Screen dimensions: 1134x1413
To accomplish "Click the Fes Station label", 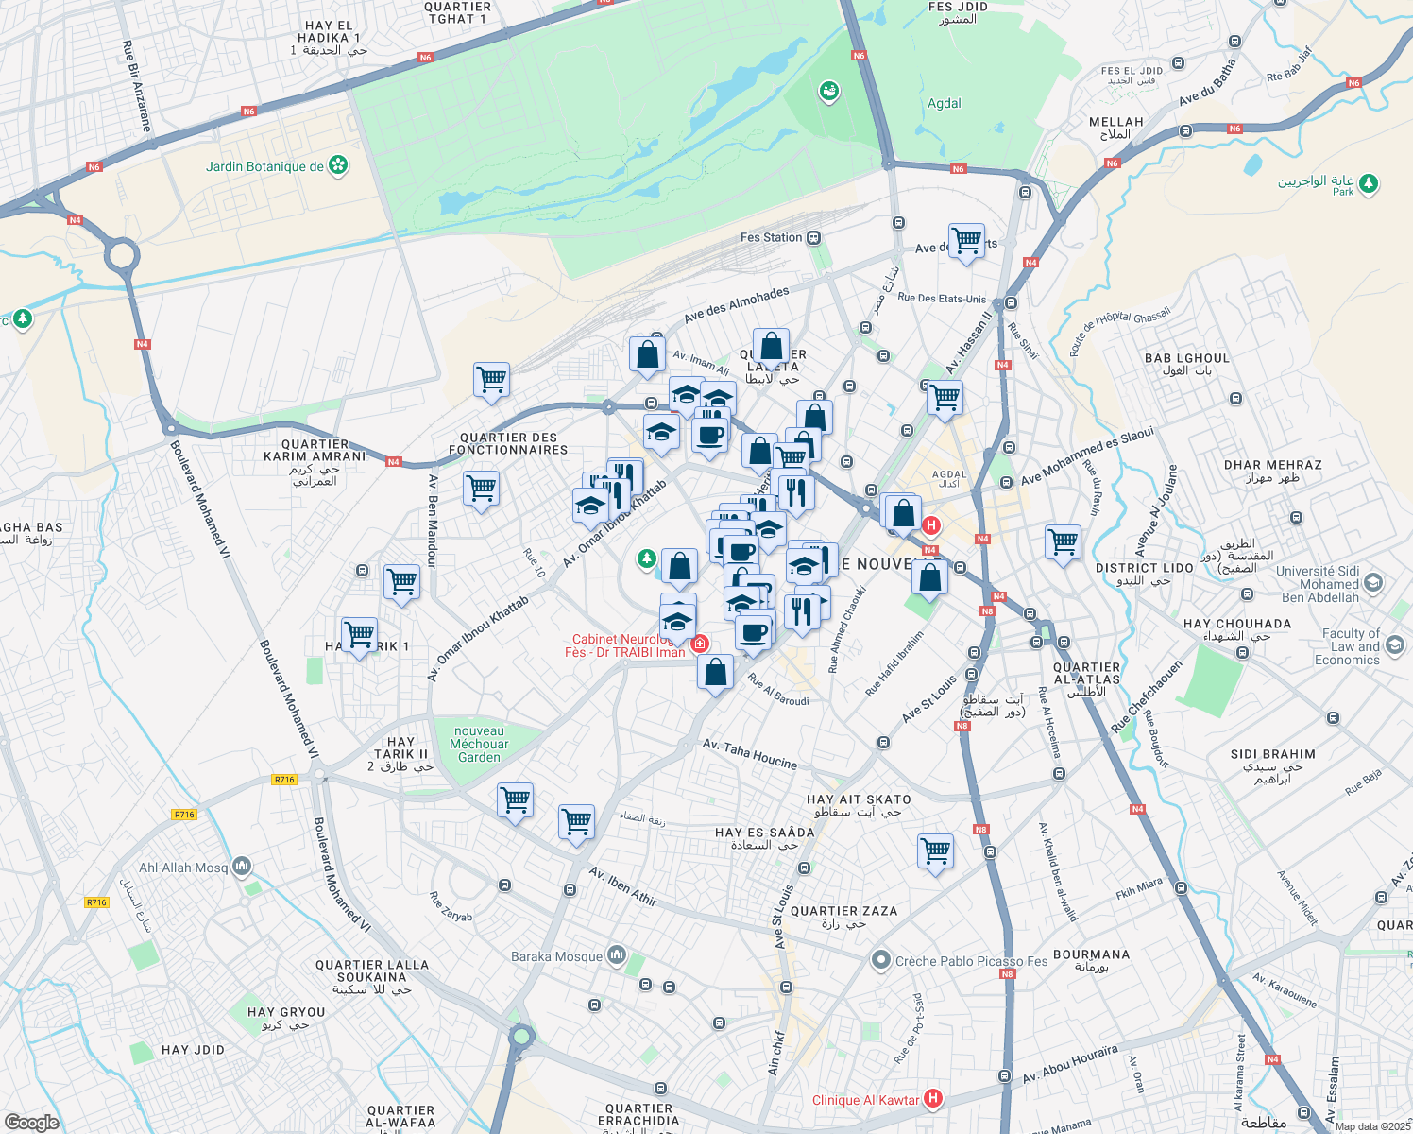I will [x=771, y=237].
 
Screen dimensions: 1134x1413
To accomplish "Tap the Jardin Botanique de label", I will [x=264, y=167].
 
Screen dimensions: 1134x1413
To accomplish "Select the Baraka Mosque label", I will [x=556, y=956].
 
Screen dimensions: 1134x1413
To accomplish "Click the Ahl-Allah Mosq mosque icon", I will [x=242, y=866].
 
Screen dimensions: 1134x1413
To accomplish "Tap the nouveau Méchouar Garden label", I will [x=479, y=744].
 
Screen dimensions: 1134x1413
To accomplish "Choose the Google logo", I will [x=31, y=1122].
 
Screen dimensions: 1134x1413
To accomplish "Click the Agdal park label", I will [x=944, y=104].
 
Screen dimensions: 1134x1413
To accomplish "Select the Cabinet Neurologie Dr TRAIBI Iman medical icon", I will [x=700, y=644].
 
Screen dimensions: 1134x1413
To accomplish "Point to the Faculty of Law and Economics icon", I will [x=1396, y=645].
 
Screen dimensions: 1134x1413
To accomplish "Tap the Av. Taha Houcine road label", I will [x=750, y=754].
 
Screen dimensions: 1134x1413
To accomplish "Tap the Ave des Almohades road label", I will [x=736, y=305].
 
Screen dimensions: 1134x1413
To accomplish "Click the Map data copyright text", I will [x=1372, y=1126].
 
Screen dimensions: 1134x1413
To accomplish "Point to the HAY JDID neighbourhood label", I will [x=193, y=1050].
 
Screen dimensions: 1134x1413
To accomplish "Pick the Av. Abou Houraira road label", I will [x=1069, y=1064].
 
